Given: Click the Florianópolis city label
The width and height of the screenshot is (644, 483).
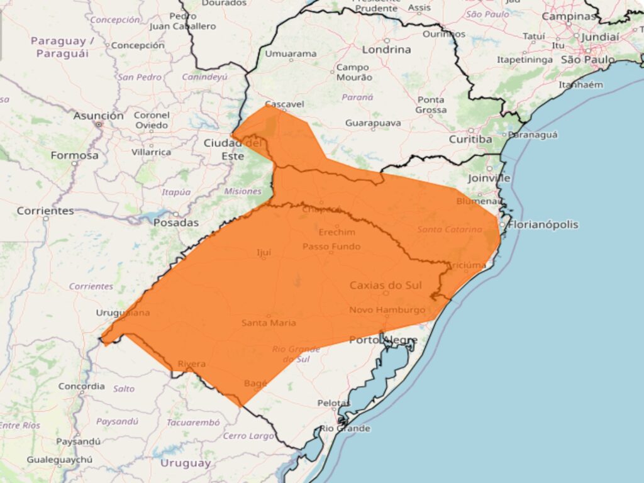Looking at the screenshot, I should pyautogui.click(x=543, y=225).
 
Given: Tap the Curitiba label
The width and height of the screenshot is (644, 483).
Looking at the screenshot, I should pyautogui.click(x=470, y=139).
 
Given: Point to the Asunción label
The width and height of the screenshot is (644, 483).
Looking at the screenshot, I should pyautogui.click(x=99, y=116).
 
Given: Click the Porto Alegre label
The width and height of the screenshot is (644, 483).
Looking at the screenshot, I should pyautogui.click(x=383, y=340).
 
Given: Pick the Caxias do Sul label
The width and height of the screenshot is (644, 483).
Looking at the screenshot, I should pyautogui.click(x=386, y=286).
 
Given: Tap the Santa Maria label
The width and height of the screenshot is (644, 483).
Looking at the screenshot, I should pyautogui.click(x=269, y=323).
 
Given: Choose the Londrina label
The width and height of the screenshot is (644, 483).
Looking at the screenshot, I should pyautogui.click(x=387, y=49).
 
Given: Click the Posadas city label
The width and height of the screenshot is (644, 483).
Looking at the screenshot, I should pyautogui.click(x=176, y=222).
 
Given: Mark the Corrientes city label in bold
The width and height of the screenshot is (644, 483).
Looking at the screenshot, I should pyautogui.click(x=45, y=211).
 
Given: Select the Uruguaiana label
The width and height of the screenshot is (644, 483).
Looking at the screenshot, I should pyautogui.click(x=123, y=313).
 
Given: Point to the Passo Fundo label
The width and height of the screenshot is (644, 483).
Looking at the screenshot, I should pyautogui.click(x=331, y=247).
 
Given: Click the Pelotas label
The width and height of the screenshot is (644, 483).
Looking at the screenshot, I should pyautogui.click(x=334, y=402).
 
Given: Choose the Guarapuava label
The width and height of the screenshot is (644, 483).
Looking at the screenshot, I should pyautogui.click(x=373, y=123).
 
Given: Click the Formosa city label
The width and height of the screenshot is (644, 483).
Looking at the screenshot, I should pyautogui.click(x=75, y=155).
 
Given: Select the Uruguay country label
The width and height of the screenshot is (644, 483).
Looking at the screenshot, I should pyautogui.click(x=186, y=464).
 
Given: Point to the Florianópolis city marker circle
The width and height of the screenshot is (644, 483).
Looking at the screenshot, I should pyautogui.click(x=502, y=225).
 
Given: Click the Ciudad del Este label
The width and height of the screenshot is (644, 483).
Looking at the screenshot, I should pyautogui.click(x=232, y=149).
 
